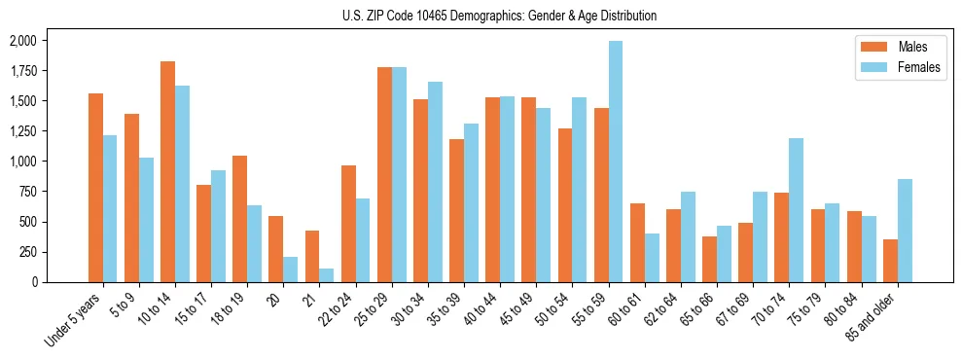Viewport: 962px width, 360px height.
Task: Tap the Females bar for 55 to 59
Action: click(616, 162)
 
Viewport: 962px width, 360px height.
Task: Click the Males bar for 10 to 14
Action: click(167, 172)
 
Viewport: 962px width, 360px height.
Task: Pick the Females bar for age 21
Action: click(327, 275)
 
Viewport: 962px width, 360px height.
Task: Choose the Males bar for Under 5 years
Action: click(95, 188)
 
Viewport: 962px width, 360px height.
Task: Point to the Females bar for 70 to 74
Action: click(797, 210)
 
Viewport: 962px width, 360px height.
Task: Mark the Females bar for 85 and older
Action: click(905, 231)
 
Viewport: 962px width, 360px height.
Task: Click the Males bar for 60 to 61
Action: click(637, 242)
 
